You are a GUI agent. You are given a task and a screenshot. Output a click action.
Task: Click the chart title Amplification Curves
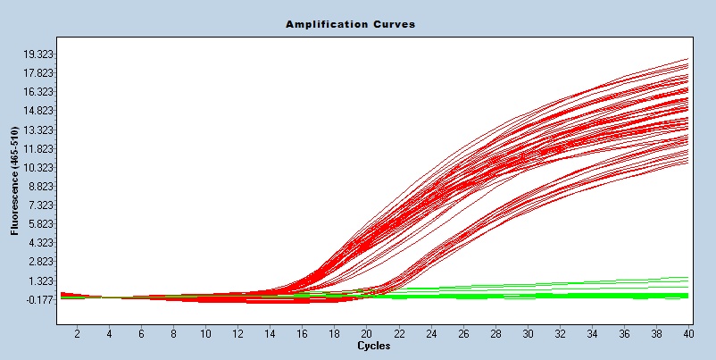tap(350, 24)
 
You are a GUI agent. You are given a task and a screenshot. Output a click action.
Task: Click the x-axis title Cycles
tap(372, 345)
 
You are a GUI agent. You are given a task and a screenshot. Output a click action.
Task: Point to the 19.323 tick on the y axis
tap(40, 54)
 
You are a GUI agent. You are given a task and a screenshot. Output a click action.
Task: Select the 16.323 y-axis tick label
tap(40, 92)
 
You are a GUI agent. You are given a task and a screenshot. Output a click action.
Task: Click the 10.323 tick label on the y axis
tap(40, 168)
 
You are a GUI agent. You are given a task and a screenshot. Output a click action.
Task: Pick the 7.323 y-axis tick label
tap(42, 205)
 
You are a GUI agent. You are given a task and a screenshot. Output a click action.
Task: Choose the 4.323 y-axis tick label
tap(42, 243)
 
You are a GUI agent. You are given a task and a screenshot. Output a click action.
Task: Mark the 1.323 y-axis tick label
tap(42, 280)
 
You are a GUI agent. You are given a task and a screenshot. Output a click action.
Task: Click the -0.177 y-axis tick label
tap(41, 300)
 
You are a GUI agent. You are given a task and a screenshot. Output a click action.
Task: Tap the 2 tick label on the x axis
tap(77, 333)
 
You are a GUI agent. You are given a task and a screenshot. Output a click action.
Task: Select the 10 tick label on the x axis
tap(205, 333)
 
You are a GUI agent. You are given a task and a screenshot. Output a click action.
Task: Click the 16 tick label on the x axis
tap(303, 333)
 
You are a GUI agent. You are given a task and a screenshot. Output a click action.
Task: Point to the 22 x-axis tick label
tap(399, 333)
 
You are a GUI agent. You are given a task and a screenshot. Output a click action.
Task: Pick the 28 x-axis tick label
tap(495, 333)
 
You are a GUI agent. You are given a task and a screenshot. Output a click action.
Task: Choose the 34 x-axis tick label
tap(592, 333)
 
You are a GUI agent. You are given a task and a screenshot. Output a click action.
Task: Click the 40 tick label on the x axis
tap(688, 333)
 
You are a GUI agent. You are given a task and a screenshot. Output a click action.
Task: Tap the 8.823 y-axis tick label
tap(42, 187)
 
